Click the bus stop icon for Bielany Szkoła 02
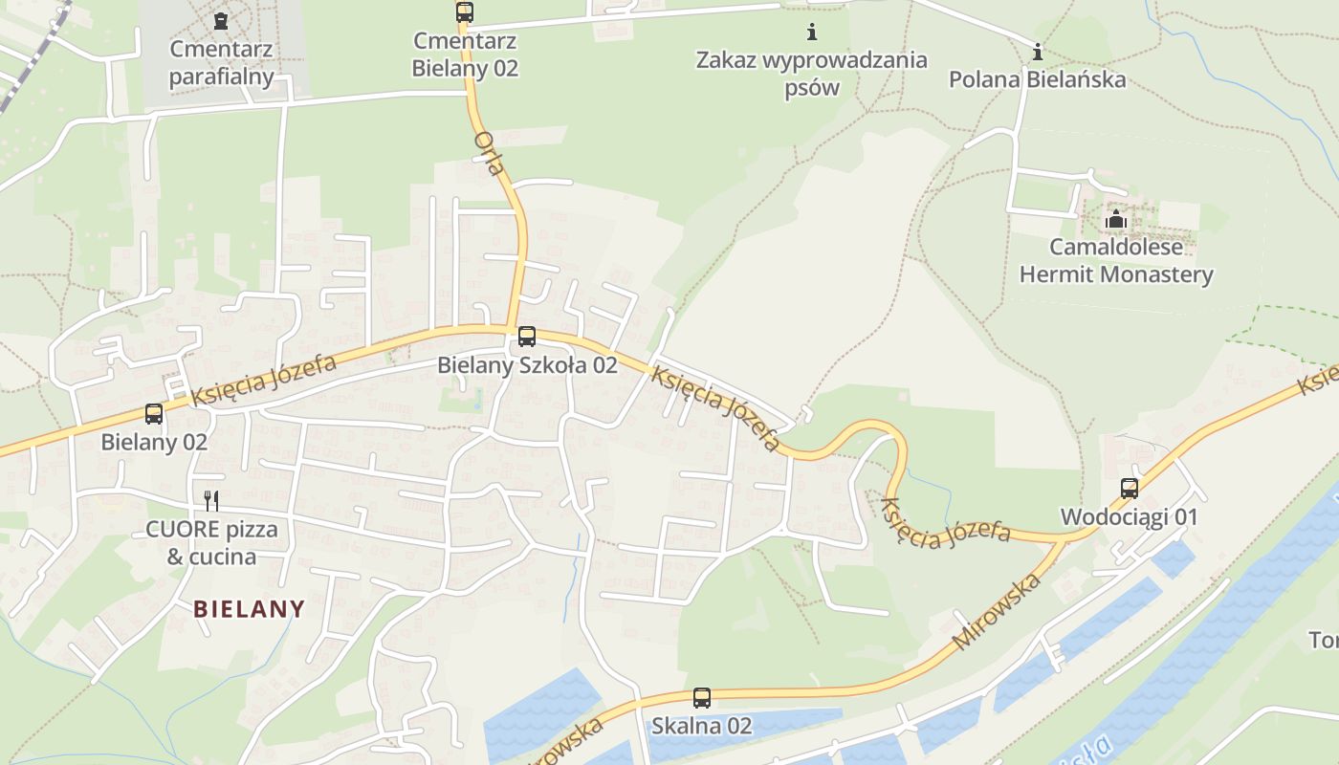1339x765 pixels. [526, 337]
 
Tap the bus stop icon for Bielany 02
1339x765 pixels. [154, 414]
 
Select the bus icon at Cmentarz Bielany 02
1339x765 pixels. [464, 12]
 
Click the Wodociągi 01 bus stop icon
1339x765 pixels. [1129, 489]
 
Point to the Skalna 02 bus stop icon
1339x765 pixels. [702, 698]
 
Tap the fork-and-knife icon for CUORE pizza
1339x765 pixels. [211, 500]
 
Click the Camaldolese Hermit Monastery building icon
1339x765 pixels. [1115, 220]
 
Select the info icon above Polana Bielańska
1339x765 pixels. [1038, 52]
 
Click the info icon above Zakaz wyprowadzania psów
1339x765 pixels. [812, 33]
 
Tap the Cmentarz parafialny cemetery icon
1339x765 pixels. [221, 20]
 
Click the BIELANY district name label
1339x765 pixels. [249, 608]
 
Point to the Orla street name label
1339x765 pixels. [489, 153]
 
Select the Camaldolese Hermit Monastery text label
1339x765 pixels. [1116, 261]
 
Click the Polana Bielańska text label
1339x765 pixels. [1038, 79]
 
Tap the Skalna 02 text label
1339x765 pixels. [702, 726]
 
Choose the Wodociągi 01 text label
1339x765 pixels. [1129, 517]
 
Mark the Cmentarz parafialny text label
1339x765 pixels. [222, 63]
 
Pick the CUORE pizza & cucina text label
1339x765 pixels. [211, 543]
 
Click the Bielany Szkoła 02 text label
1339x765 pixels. [527, 365]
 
